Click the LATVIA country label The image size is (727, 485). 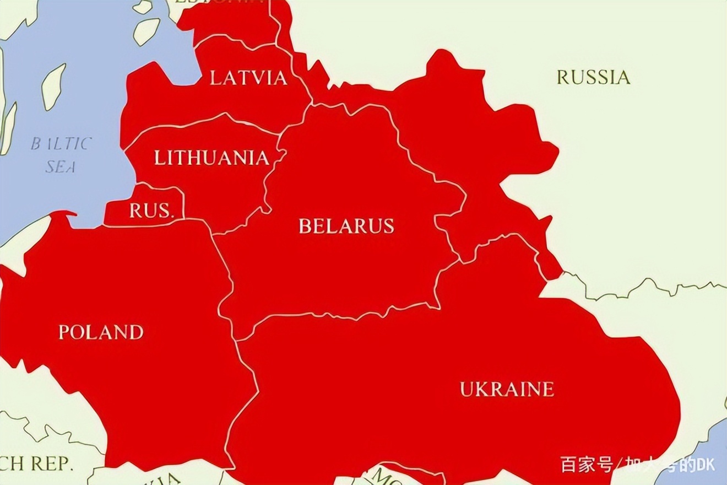point(248,78)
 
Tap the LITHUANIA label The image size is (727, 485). point(211,158)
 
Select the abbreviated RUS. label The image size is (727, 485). point(151,211)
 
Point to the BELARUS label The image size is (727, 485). point(346,226)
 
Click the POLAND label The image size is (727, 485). point(101,332)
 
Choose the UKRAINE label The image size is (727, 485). point(507,389)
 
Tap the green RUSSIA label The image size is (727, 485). point(593,77)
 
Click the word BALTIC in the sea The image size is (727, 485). point(61,144)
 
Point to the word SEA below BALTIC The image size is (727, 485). point(61,166)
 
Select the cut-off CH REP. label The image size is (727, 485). point(36,464)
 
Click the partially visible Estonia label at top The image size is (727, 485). point(220,2)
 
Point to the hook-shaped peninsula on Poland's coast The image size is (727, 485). point(63,214)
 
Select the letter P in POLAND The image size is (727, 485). point(64,332)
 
